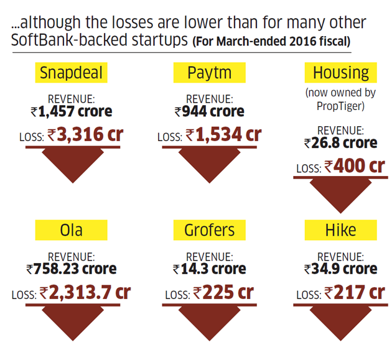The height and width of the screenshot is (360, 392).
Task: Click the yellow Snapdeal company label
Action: [x=71, y=73]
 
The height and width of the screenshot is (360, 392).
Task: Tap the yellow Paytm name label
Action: [x=209, y=73]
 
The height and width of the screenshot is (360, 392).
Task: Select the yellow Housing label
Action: [x=340, y=73]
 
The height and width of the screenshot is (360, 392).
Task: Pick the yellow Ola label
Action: [x=71, y=230]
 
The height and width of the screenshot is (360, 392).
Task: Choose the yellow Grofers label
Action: [x=209, y=230]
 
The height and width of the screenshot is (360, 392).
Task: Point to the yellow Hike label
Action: [x=340, y=230]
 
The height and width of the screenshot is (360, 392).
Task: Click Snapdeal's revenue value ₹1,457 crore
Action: [x=71, y=112]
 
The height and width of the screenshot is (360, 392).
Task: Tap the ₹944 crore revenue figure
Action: [x=209, y=112]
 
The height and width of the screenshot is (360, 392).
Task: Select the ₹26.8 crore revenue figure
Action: [x=340, y=143]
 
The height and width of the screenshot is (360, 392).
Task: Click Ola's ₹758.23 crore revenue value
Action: [x=71, y=269]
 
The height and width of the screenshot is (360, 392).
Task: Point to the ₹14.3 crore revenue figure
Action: [x=209, y=269]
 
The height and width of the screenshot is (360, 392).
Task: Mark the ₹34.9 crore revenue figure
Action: [x=340, y=269]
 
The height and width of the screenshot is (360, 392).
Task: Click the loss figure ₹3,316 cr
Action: [x=85, y=134]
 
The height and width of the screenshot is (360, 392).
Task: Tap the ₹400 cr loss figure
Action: [x=354, y=166]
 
